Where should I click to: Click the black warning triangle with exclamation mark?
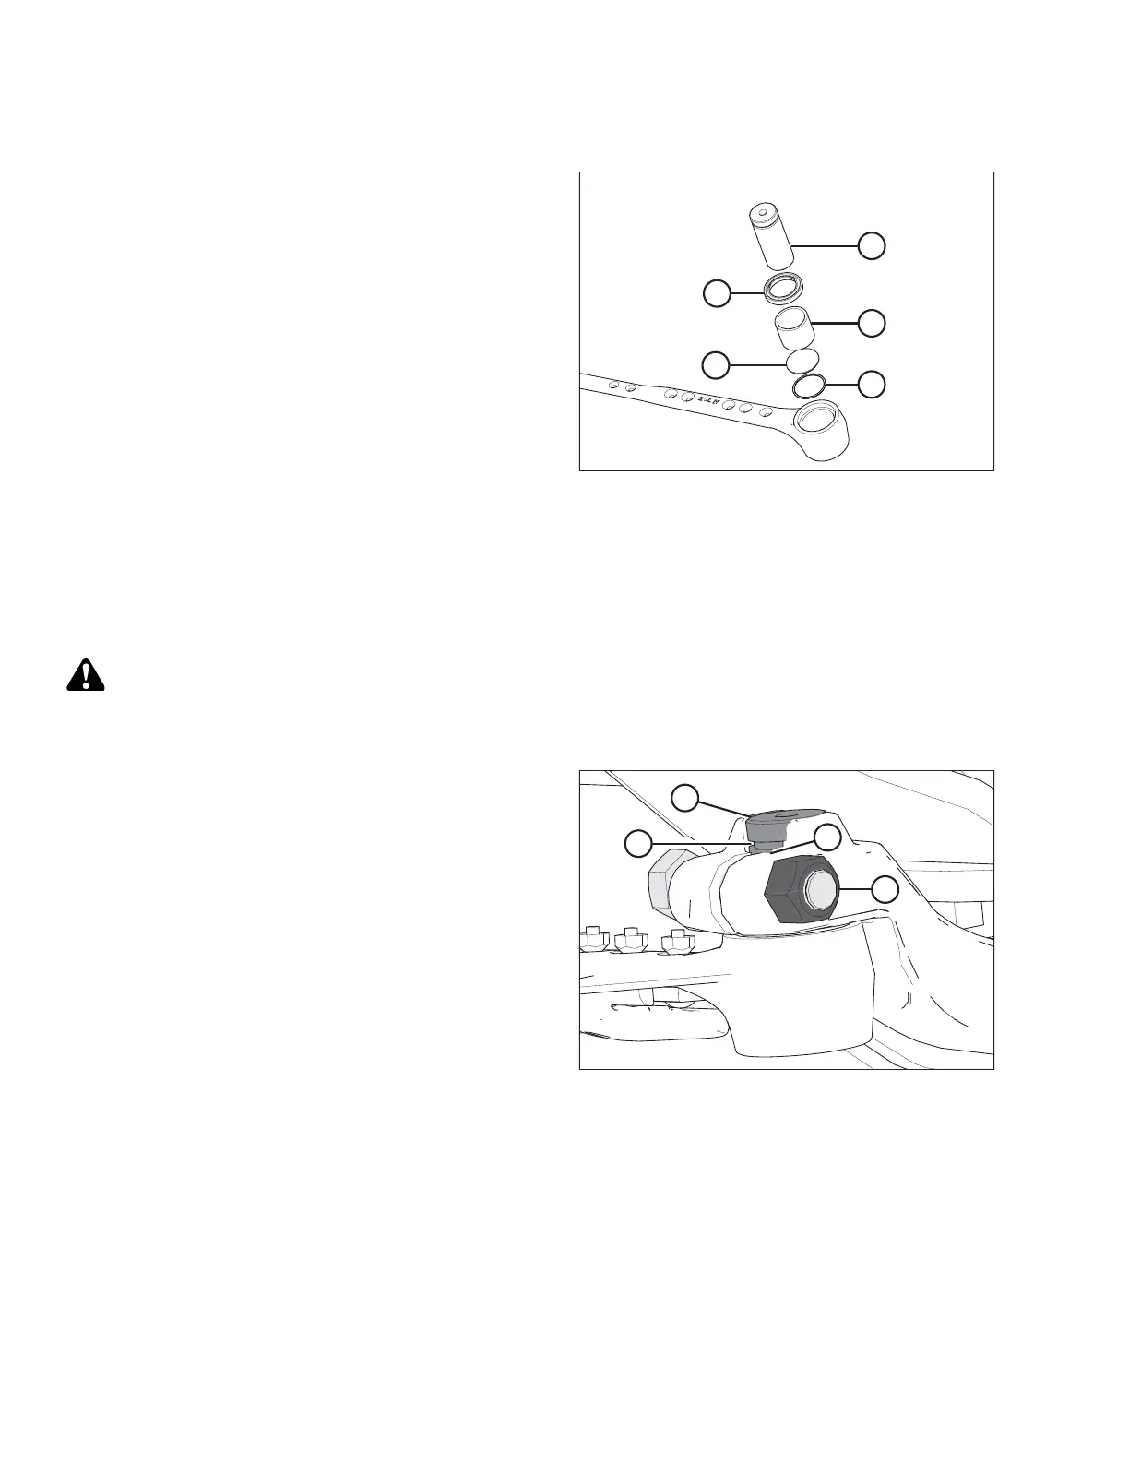tap(86, 675)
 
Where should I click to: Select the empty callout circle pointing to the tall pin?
tap(873, 245)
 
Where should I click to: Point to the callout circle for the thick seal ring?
tap(716, 294)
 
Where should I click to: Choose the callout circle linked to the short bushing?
tap(873, 322)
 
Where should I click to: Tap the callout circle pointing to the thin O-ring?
tap(873, 384)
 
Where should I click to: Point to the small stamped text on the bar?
tap(707, 399)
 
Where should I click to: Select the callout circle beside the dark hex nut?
tap(885, 889)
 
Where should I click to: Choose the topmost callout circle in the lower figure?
tap(684, 797)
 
